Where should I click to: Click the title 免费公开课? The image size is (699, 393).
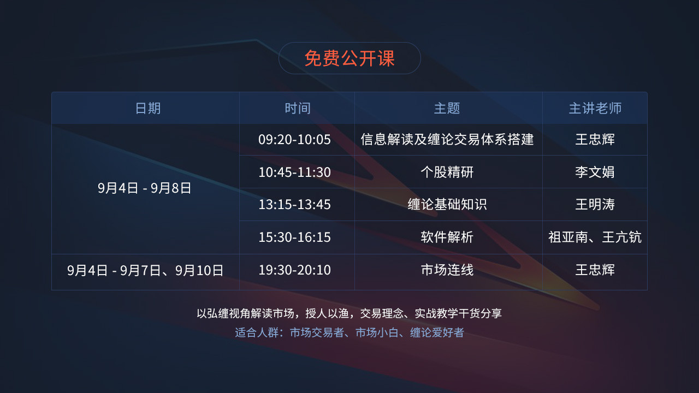(x=349, y=58)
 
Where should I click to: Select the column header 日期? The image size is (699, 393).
(x=148, y=109)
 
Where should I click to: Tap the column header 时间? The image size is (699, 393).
(x=298, y=109)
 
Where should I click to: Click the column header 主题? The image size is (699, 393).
(x=447, y=109)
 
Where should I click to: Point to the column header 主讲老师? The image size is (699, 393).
(x=595, y=109)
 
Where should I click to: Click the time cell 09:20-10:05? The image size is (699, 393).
(x=294, y=139)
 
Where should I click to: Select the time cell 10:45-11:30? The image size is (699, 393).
(x=294, y=172)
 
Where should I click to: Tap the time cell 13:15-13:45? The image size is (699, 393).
(x=294, y=205)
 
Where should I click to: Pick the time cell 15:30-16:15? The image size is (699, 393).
(x=294, y=237)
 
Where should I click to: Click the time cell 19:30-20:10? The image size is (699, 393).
(x=294, y=270)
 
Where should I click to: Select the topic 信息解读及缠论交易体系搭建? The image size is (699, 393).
(x=447, y=139)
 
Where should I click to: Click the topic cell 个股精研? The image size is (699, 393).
(x=447, y=172)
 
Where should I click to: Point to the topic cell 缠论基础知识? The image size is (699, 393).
(x=447, y=205)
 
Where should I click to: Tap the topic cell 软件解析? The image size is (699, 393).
(x=447, y=237)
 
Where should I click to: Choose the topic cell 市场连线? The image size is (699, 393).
(x=447, y=270)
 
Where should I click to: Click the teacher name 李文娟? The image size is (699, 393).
(x=595, y=172)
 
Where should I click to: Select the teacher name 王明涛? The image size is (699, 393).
(x=595, y=205)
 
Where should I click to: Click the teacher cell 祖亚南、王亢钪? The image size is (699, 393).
(x=595, y=237)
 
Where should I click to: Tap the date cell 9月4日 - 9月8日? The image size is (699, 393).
(x=145, y=188)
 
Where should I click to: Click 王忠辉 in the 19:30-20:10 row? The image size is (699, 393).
(x=595, y=270)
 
